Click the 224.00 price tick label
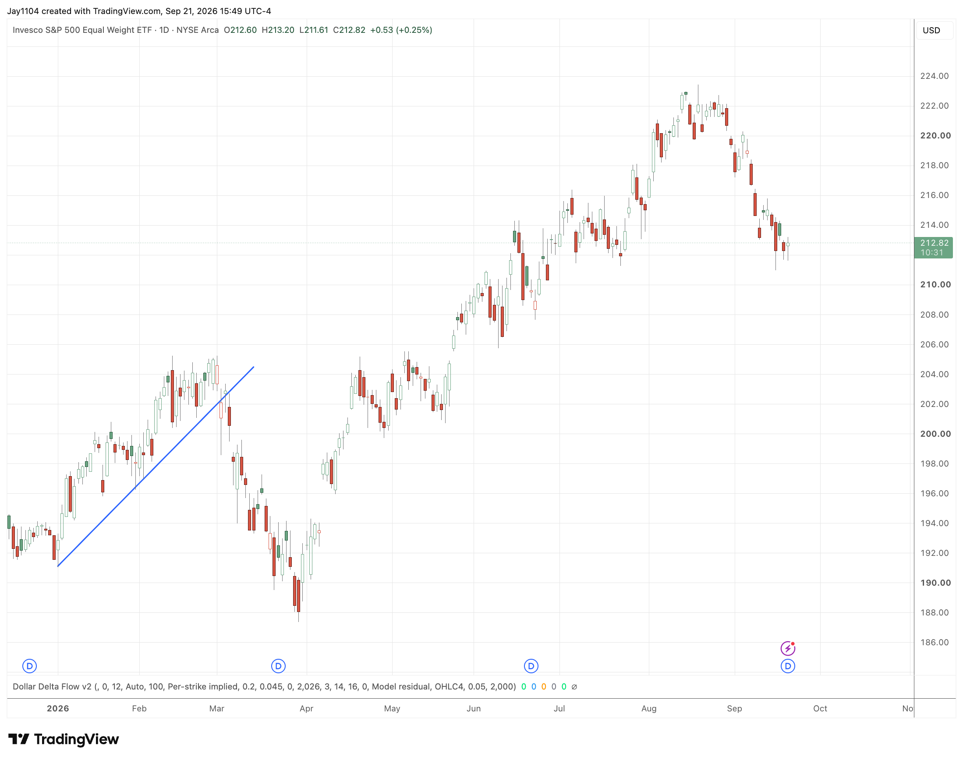click(934, 76)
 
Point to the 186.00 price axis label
click(934, 642)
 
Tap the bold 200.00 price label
click(935, 434)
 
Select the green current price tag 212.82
click(933, 247)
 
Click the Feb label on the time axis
click(139, 708)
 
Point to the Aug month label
click(649, 708)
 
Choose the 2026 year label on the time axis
click(58, 708)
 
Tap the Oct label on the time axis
click(820, 708)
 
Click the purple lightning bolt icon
click(788, 648)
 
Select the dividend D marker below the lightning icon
click(788, 666)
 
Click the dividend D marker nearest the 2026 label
click(29, 666)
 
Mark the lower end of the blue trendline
click(58, 566)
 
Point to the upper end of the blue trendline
click(254, 367)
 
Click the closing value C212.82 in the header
click(349, 30)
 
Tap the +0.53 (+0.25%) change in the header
click(401, 30)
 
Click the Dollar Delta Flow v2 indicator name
click(52, 686)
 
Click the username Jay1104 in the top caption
click(23, 11)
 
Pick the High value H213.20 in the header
click(278, 30)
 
